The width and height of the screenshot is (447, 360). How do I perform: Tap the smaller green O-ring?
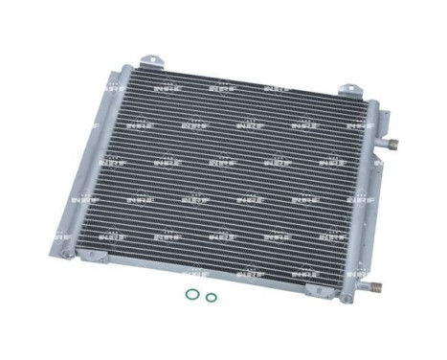pyautogui.click(x=210, y=297)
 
